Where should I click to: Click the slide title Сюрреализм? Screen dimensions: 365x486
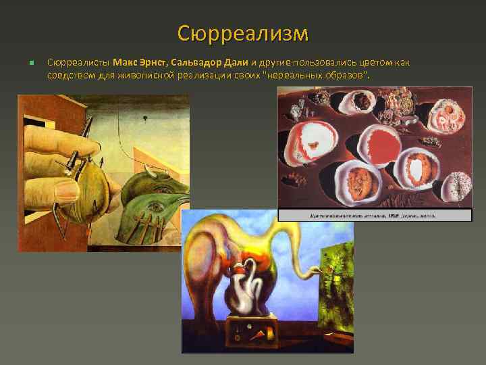(243, 32)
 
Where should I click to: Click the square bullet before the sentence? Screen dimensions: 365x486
(31, 64)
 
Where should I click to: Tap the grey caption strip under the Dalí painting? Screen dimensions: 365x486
(375, 215)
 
